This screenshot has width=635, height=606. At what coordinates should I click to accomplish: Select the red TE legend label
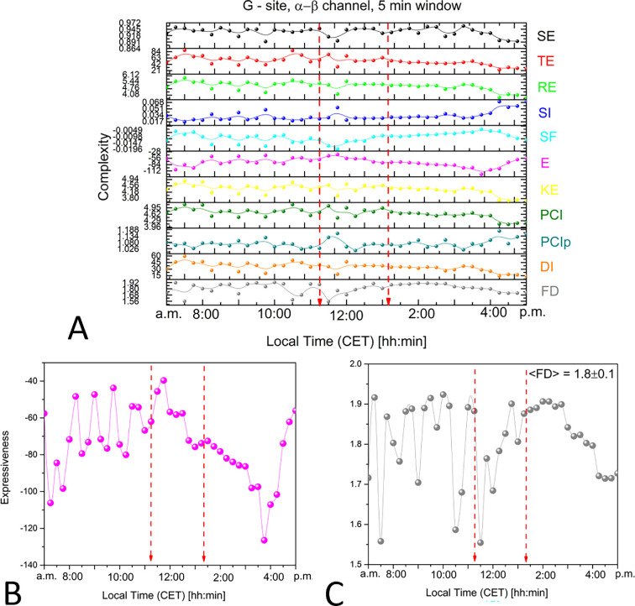547,60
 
